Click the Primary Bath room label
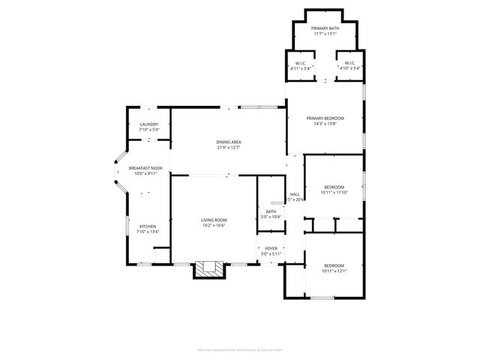[x=325, y=28]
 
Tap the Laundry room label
[x=148, y=124]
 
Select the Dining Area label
[x=228, y=142]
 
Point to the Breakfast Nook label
[x=145, y=168]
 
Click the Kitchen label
[x=147, y=226]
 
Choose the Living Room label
[x=213, y=220]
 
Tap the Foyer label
[x=270, y=248]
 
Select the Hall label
[x=295, y=193]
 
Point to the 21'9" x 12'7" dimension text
[x=228, y=147]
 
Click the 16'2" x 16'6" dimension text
[x=213, y=225]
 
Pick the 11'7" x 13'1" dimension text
[x=325, y=33]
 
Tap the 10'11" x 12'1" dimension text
[x=334, y=271]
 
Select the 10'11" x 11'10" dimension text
[x=334, y=193]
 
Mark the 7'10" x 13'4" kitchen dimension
[x=147, y=232]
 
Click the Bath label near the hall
[x=270, y=211]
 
